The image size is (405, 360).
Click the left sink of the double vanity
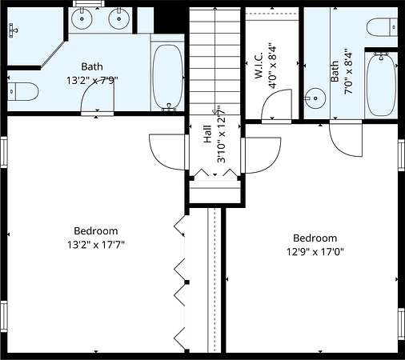(82, 18)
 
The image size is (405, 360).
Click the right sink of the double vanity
(119, 18)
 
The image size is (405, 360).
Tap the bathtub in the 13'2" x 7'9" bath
(168, 77)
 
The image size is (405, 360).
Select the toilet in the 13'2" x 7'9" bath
(22, 91)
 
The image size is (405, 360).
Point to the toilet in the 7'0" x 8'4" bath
(382, 27)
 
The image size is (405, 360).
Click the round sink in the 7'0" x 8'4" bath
(315, 98)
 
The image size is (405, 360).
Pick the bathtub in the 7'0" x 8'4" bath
(382, 84)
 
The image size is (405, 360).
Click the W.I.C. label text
(259, 66)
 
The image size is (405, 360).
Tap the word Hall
(208, 134)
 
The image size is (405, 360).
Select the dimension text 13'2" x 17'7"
(96, 245)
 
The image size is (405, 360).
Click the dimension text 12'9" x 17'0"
(315, 251)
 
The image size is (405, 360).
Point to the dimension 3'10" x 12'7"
(222, 134)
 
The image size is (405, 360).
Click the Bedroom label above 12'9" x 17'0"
(315, 238)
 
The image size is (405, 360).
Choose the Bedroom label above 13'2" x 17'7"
(96, 230)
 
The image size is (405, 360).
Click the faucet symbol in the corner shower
(13, 30)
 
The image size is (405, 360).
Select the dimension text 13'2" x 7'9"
(92, 80)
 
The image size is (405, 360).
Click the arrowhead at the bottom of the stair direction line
(215, 112)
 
